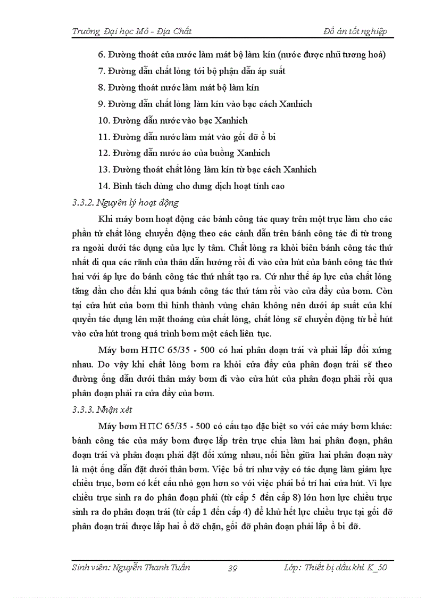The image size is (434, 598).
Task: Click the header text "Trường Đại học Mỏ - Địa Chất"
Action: pos(131,31)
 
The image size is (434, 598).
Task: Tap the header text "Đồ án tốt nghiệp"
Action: pos(355,31)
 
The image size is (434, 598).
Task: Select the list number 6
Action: pos(102,55)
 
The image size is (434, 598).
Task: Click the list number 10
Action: pos(103,120)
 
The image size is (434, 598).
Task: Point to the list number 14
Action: pos(103,186)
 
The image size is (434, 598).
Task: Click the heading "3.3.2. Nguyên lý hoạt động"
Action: pos(125,202)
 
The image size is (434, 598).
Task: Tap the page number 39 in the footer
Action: pos(232,568)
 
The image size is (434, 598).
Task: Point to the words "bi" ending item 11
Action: pos(272,137)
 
